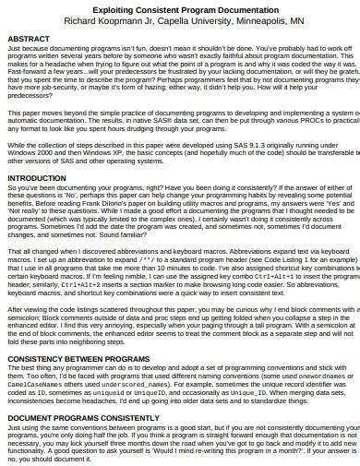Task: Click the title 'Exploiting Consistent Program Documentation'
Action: (x=179, y=6)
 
